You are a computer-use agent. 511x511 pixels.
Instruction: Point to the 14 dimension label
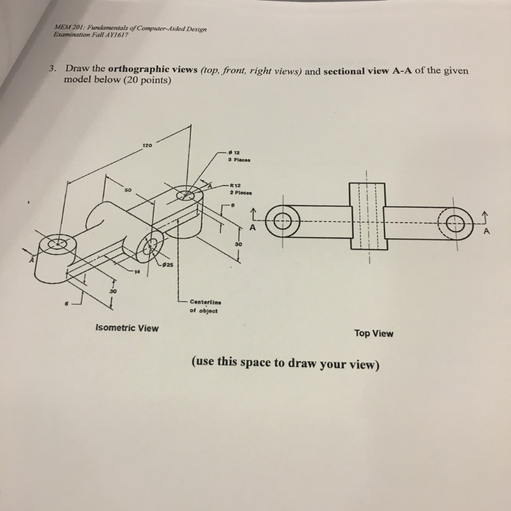136,271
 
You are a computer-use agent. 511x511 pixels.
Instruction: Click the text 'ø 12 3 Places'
240,156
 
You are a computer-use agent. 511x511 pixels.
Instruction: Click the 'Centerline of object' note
204,306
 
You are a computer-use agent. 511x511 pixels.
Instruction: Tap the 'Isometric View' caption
127,328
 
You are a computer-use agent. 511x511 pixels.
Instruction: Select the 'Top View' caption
374,333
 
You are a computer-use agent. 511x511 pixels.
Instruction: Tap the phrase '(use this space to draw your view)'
285,363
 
